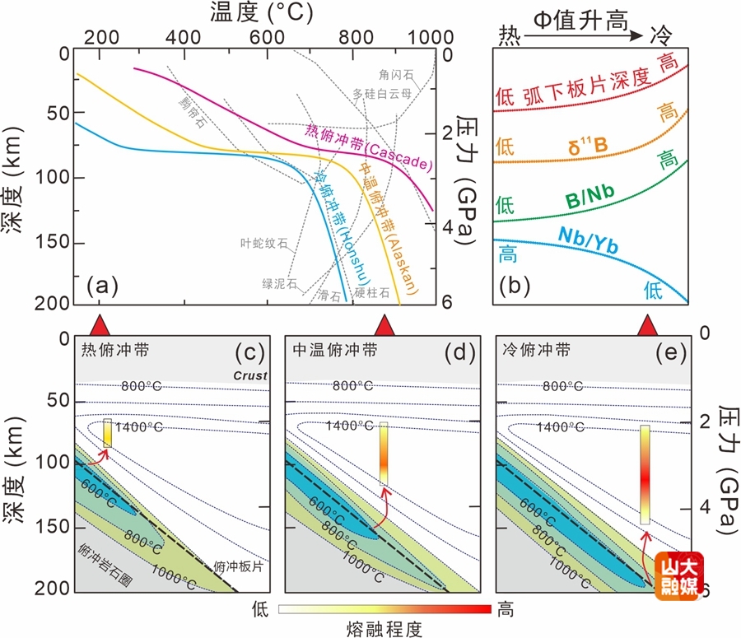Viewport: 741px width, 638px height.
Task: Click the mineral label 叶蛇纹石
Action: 263,243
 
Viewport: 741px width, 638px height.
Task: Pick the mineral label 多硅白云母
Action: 378,93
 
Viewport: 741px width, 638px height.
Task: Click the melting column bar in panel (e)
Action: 645,474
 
